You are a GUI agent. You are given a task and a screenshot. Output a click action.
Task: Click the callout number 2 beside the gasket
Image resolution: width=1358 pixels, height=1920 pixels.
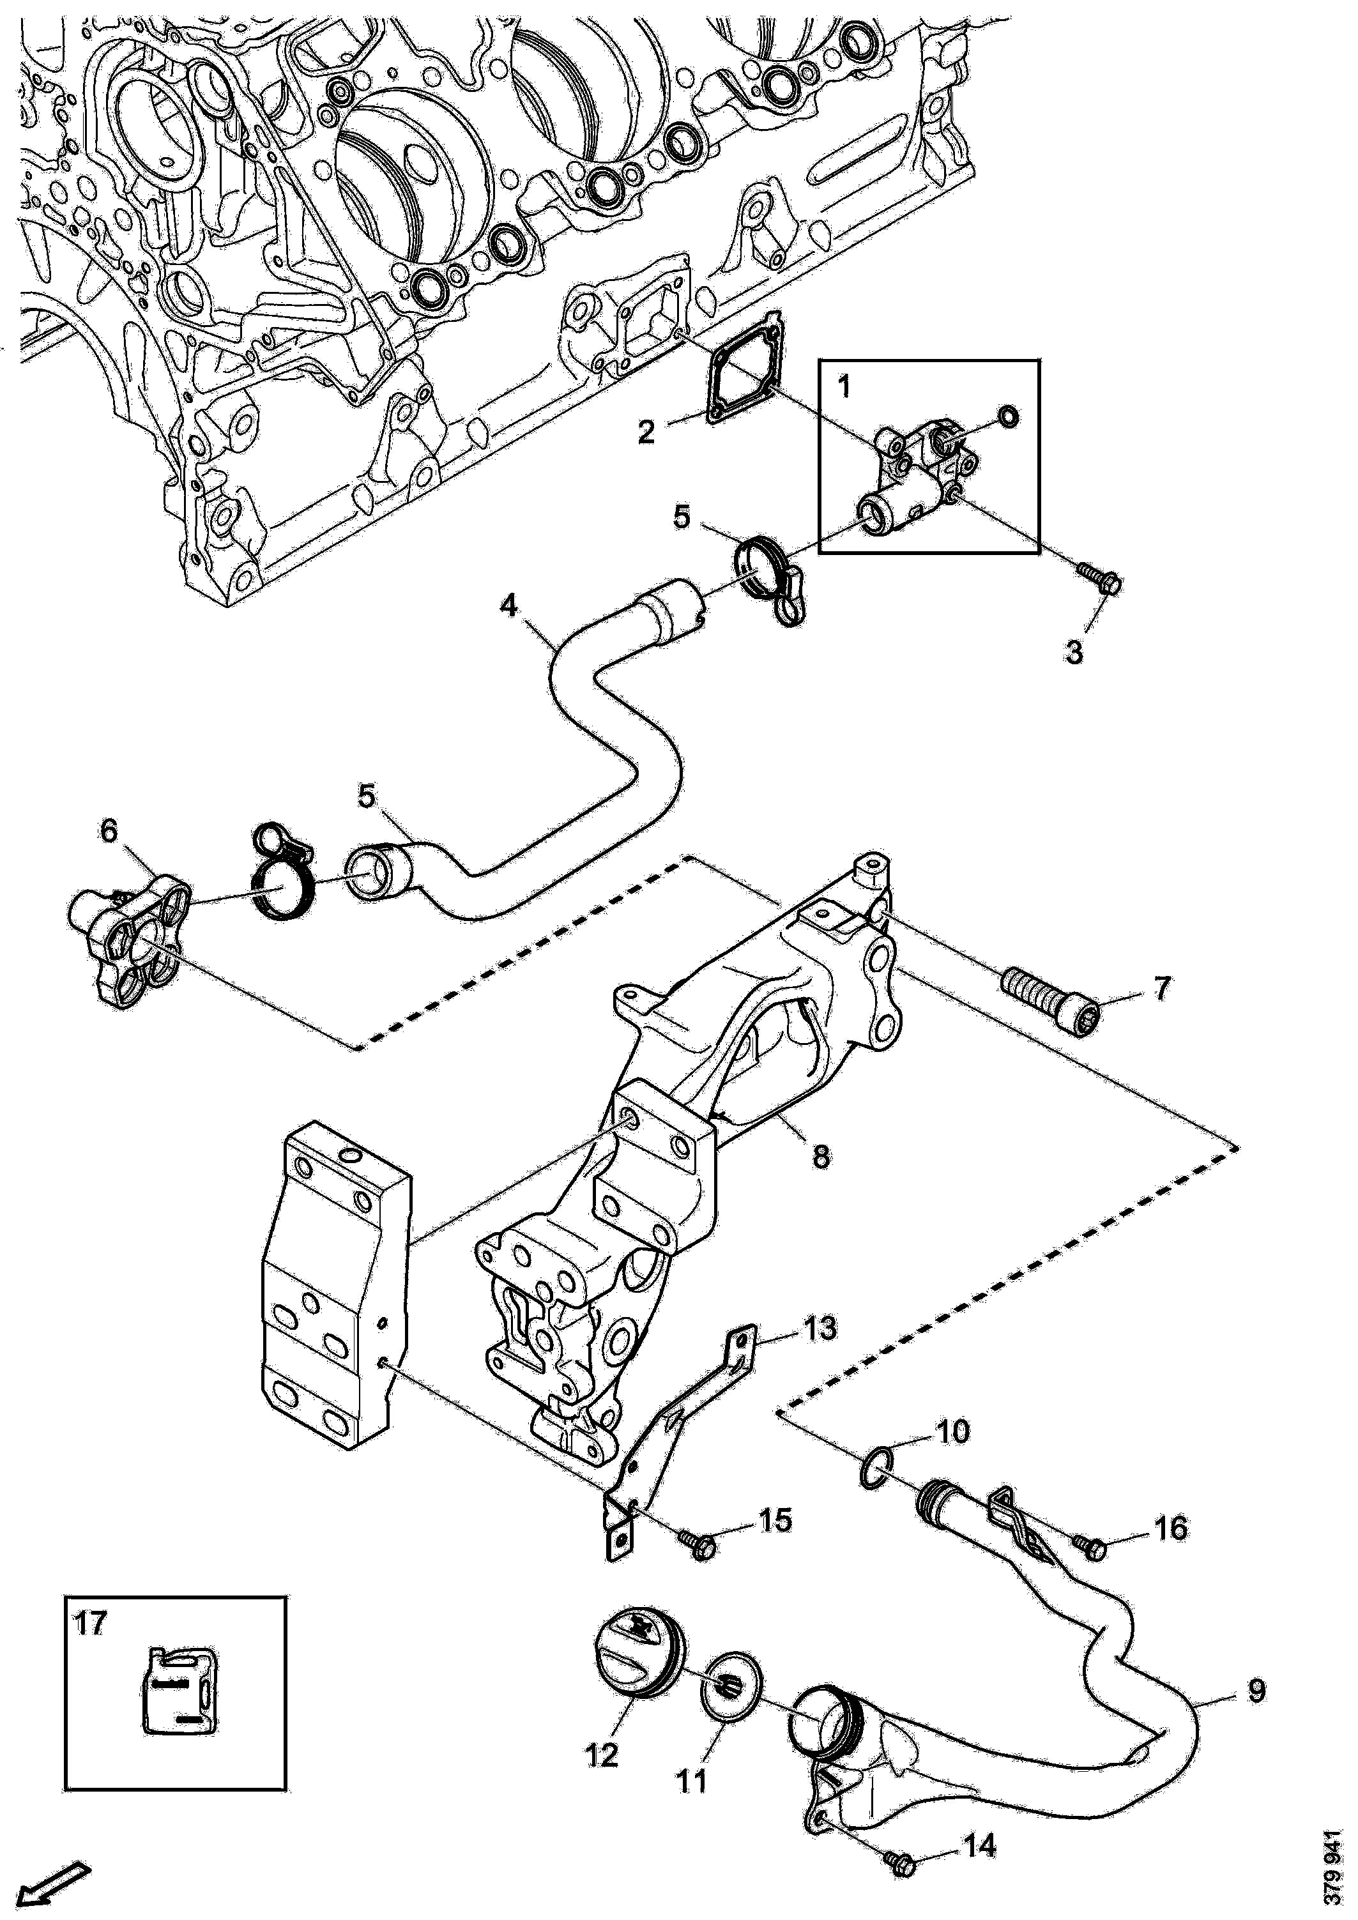646,432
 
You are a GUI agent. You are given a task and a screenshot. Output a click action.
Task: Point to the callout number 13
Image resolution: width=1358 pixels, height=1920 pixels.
820,1329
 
